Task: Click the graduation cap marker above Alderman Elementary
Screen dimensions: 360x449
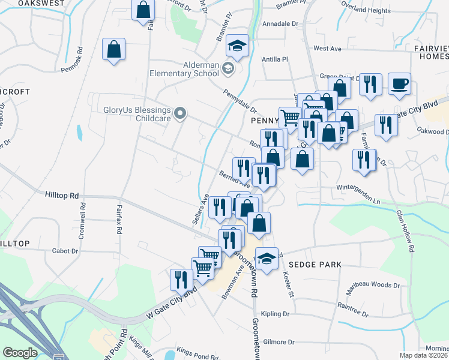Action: (237, 47)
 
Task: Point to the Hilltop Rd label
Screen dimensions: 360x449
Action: (62, 195)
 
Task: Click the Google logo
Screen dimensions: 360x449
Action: (20, 353)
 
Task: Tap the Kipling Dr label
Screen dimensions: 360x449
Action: (275, 314)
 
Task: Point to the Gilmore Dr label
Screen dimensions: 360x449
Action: (279, 342)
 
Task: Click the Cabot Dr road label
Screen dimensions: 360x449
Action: (65, 251)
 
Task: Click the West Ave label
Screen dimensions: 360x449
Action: (327, 48)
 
